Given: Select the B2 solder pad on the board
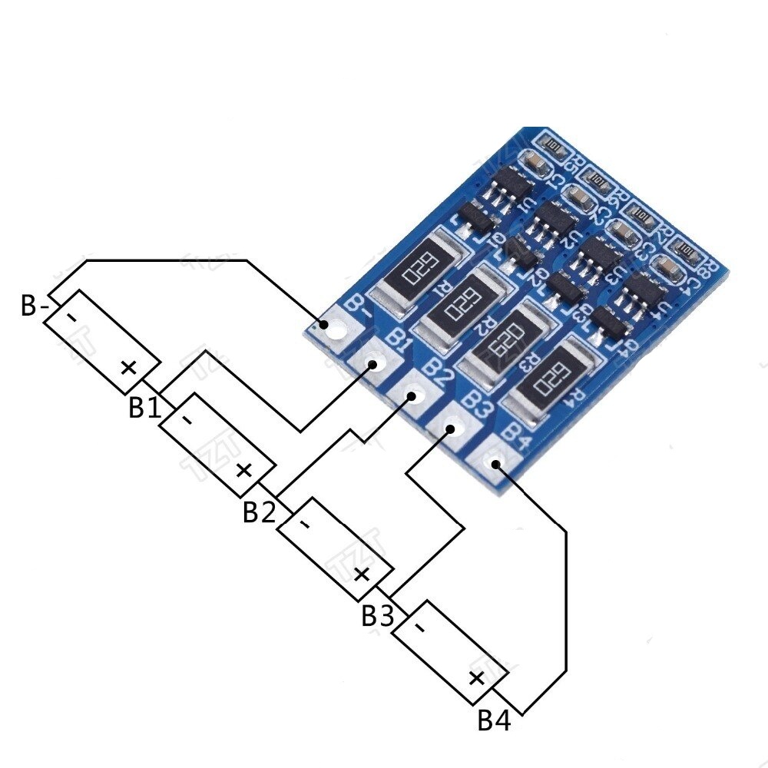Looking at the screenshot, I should [x=412, y=396].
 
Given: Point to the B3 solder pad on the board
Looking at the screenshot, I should [x=452, y=429].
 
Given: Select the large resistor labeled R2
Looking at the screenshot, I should [x=468, y=303].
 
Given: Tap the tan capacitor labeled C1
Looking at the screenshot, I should [x=535, y=162].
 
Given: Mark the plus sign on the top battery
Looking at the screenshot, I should [x=128, y=367].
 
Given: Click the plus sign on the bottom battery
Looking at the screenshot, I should [x=476, y=677].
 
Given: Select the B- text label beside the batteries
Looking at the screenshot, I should [x=35, y=307].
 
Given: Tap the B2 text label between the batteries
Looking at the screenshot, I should [x=259, y=512].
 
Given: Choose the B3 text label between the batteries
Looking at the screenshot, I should [x=377, y=616].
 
